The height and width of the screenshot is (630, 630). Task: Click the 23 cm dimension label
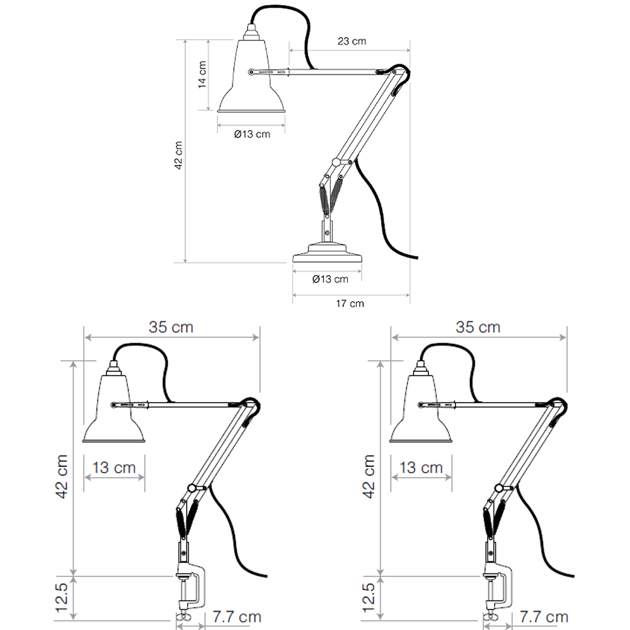(x=352, y=41)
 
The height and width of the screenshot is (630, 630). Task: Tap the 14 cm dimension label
(x=202, y=74)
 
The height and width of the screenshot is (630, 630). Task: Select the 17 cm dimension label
(x=350, y=304)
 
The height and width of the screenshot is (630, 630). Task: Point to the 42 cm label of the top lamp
(x=178, y=155)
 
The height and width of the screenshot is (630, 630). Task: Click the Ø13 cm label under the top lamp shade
(x=252, y=134)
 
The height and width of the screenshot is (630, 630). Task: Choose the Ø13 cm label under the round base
(x=330, y=279)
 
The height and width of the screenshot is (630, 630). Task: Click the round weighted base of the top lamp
(x=327, y=253)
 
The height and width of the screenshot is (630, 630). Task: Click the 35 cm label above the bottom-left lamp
(x=171, y=327)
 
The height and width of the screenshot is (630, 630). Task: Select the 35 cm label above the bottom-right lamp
(x=478, y=327)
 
